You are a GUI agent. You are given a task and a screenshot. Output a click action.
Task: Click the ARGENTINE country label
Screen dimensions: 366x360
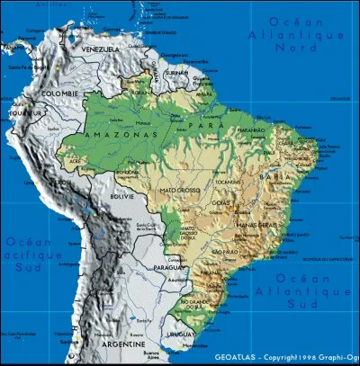(x=123, y=344)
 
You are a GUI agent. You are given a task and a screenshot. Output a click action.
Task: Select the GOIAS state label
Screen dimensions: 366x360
(x=220, y=205)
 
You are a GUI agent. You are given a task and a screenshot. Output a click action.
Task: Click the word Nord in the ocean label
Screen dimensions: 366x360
(x=296, y=48)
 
